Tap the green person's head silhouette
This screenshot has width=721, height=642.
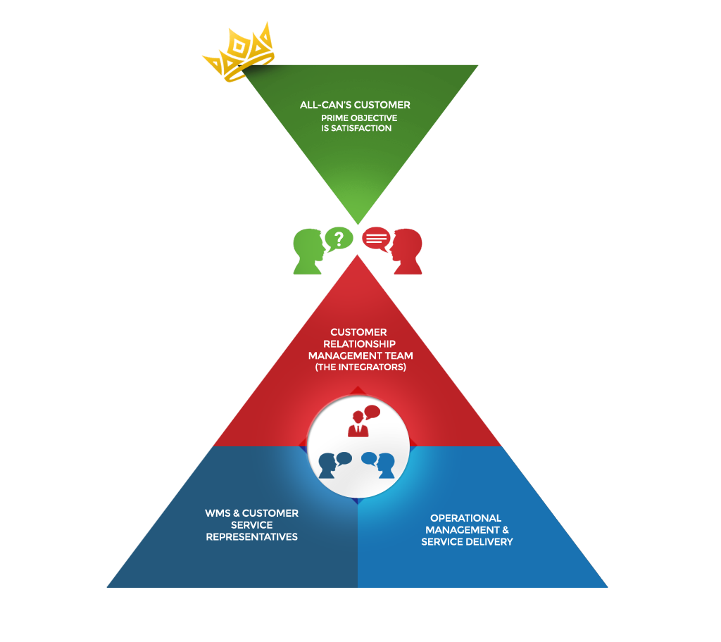click(x=310, y=251)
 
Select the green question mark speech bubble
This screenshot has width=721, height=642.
click(x=339, y=238)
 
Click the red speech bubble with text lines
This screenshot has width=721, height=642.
click(x=376, y=238)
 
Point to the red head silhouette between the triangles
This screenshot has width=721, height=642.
click(x=407, y=251)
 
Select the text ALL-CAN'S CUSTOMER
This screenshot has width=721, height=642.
click(x=355, y=105)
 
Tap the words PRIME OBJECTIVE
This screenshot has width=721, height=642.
click(x=359, y=118)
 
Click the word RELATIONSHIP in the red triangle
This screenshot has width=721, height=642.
click(x=358, y=344)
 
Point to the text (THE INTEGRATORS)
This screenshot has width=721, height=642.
click(x=359, y=367)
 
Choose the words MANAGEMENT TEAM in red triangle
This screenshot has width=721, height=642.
click(x=360, y=355)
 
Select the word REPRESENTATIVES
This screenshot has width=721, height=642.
click(x=251, y=537)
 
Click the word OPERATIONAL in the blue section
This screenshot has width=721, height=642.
click(x=465, y=518)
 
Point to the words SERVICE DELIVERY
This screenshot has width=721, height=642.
click(x=467, y=542)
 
